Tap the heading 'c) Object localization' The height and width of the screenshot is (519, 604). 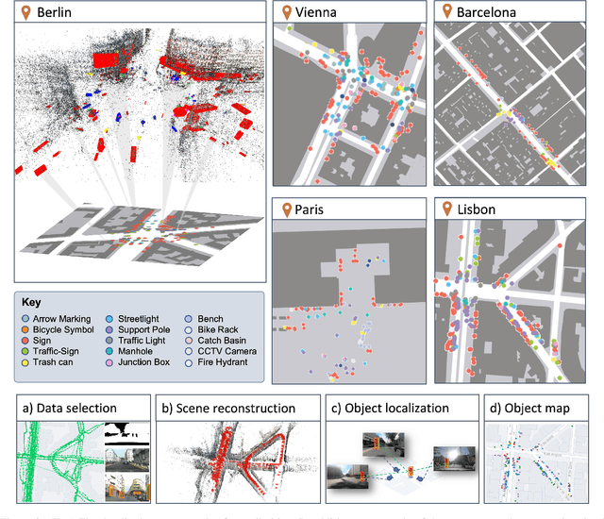(x=390, y=409)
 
